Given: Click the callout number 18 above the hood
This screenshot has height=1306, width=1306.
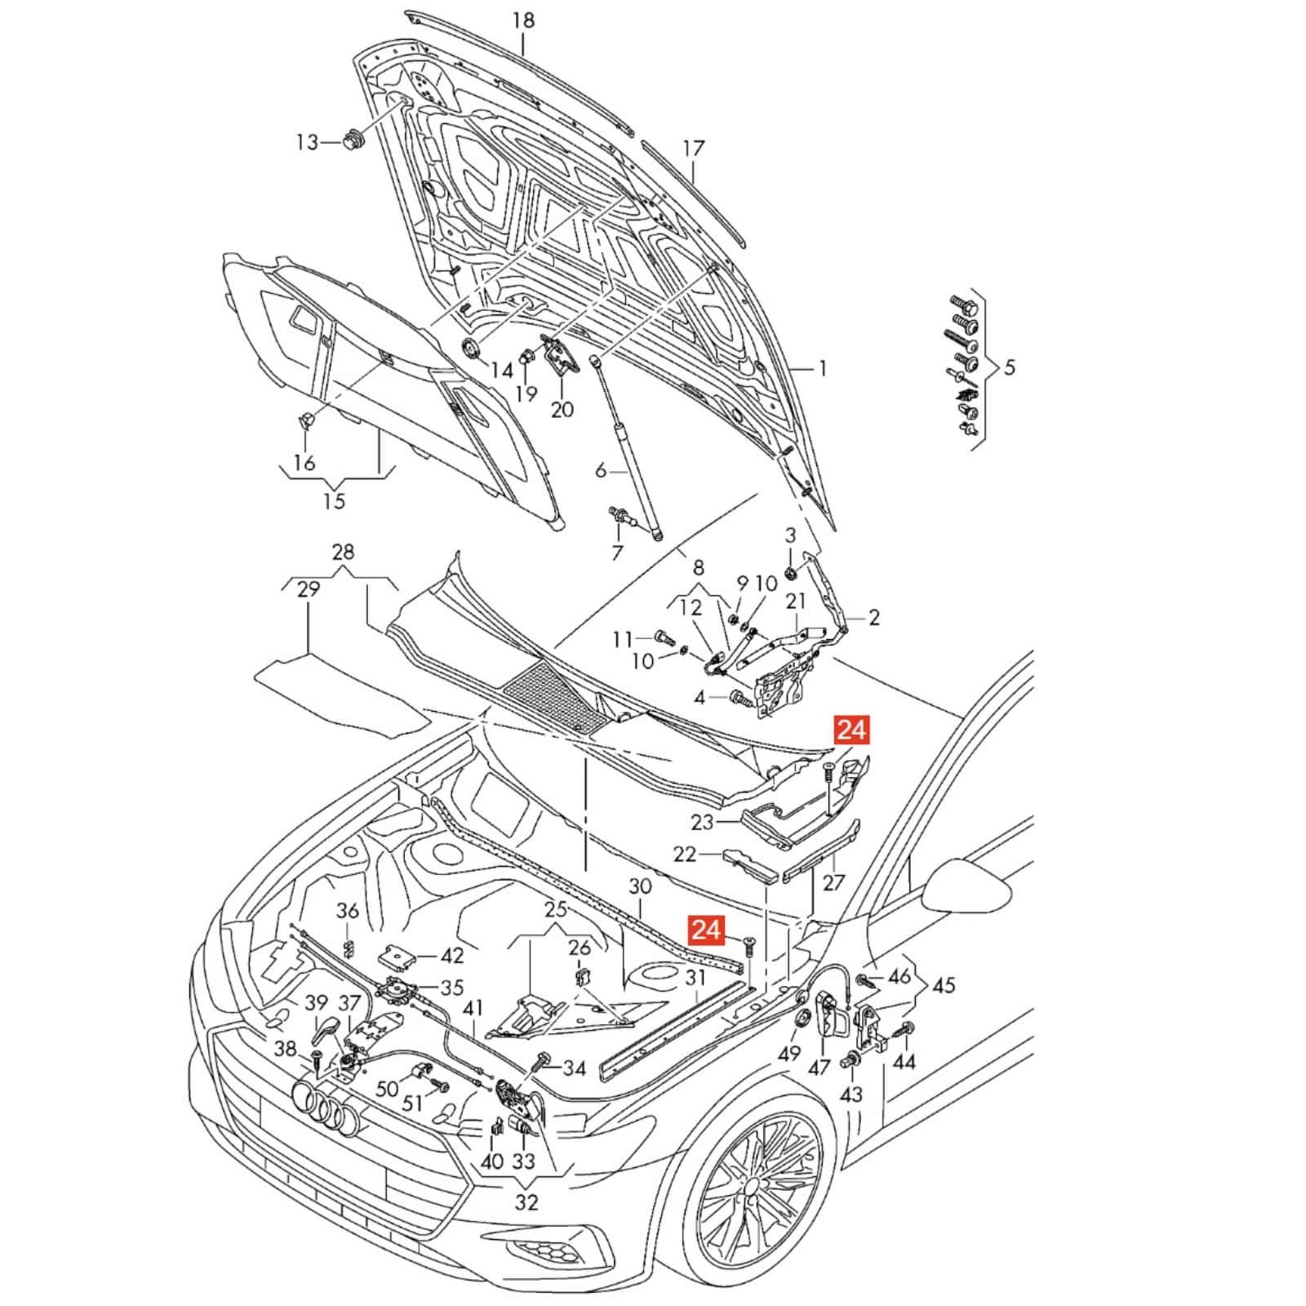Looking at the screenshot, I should click(x=523, y=20).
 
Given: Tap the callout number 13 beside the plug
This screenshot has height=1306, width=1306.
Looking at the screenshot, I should click(x=307, y=143).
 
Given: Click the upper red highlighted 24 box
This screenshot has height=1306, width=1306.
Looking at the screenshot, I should click(x=851, y=729).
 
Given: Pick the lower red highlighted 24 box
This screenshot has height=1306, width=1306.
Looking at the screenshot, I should click(x=707, y=929).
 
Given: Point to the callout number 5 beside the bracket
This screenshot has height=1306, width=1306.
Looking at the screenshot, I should click(x=1010, y=367).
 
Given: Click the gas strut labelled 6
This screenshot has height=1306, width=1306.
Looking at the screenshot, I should click(x=629, y=449).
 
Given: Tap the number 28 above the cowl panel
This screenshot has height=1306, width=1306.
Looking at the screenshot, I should click(x=344, y=552).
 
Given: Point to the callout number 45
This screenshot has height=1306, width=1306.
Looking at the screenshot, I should click(x=943, y=985).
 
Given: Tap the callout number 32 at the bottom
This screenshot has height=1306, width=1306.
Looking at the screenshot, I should click(x=526, y=1202).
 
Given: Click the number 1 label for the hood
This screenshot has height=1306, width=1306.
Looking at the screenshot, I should click(x=823, y=369).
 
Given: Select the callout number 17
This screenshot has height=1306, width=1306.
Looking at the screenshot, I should click(x=693, y=149).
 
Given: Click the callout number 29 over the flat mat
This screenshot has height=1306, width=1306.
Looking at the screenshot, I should click(x=308, y=589).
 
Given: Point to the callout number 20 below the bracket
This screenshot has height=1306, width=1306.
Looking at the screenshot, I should click(x=562, y=409).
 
